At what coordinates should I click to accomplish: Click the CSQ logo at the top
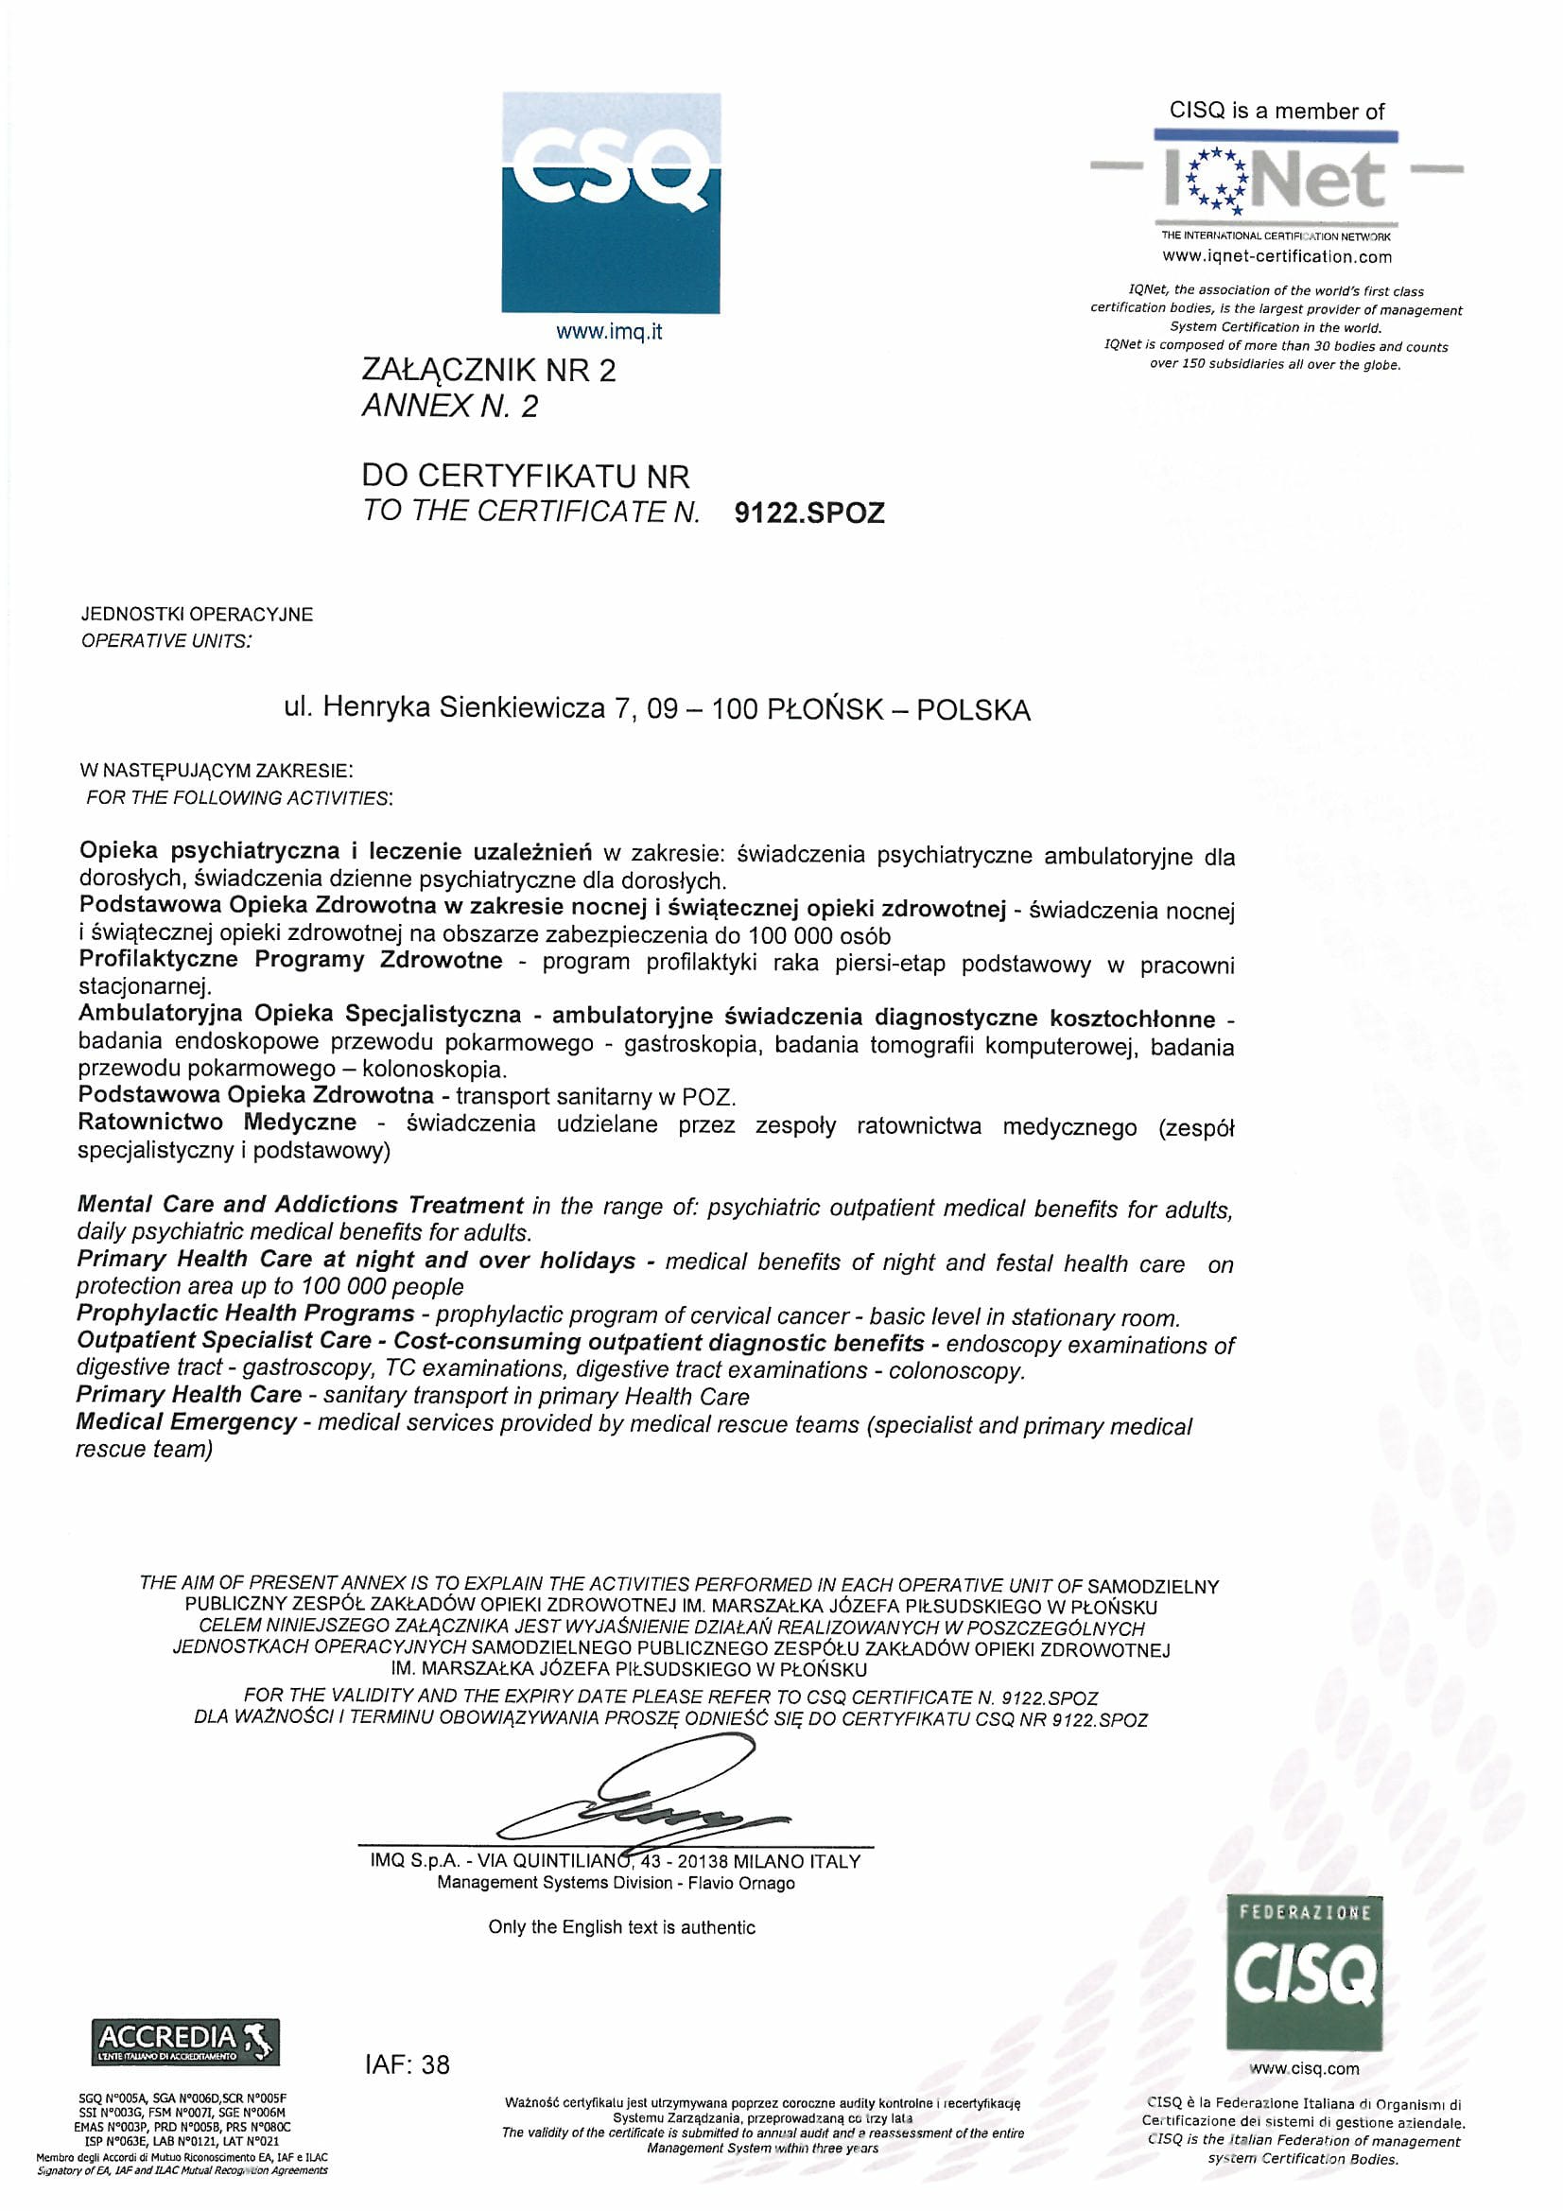[610, 202]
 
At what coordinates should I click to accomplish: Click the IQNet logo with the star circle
[1277, 180]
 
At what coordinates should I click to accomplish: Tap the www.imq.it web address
[610, 333]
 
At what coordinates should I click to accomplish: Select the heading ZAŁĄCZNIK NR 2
[488, 371]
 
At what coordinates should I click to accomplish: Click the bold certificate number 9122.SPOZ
[809, 514]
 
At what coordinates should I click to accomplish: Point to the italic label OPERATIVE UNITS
[165, 641]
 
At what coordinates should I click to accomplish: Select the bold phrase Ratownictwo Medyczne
[217, 1123]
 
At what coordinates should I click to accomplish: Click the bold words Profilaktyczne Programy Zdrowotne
[290, 960]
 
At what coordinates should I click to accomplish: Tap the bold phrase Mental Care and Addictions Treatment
[300, 1205]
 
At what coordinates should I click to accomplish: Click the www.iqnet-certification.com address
[1277, 257]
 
